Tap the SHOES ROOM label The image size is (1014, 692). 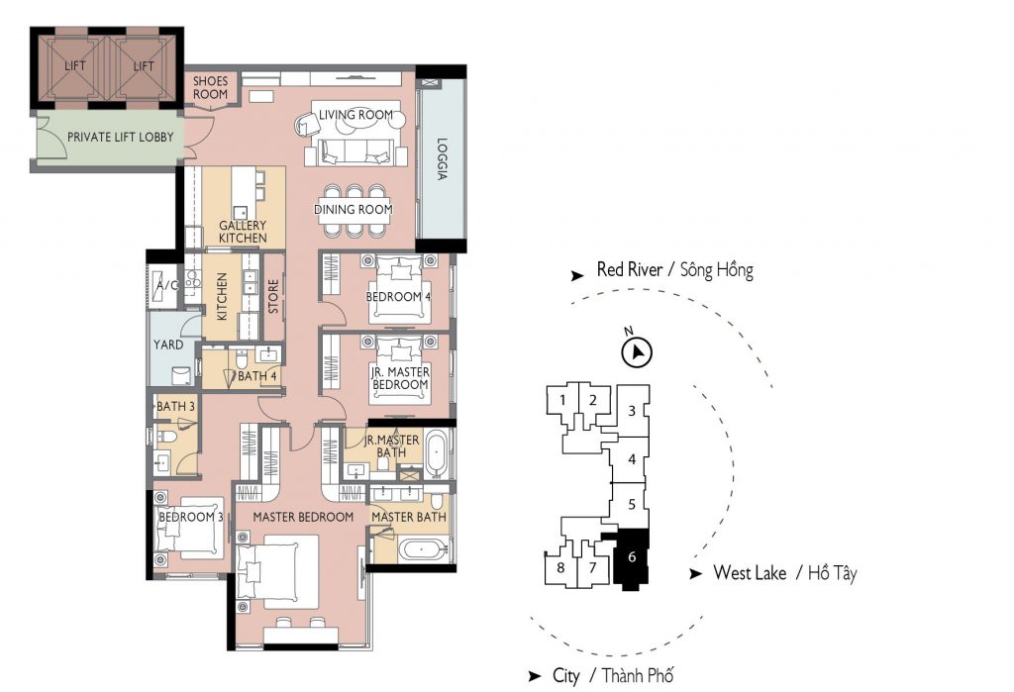[x=210, y=87]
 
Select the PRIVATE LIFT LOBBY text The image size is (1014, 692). [x=120, y=137]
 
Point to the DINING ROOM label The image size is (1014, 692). [x=354, y=210]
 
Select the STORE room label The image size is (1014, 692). [x=273, y=296]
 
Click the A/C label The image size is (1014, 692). [x=167, y=285]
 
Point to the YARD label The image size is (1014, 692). [x=168, y=345]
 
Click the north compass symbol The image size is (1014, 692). [x=637, y=351]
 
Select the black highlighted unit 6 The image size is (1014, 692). [x=631, y=556]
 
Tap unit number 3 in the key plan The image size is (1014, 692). [x=632, y=410]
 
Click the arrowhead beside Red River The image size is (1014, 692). [x=577, y=276]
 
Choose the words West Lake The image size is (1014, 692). [x=750, y=572]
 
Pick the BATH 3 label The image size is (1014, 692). [x=176, y=406]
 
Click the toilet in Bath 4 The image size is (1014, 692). [x=242, y=359]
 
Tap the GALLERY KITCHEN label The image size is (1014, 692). [x=243, y=232]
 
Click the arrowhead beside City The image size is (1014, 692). [x=534, y=676]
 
